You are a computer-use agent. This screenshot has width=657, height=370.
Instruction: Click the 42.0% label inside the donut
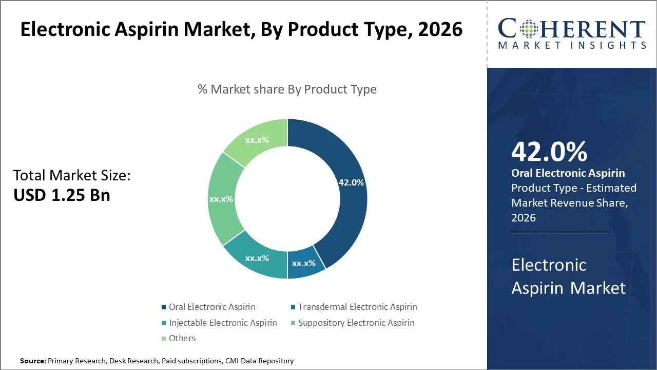tap(351, 182)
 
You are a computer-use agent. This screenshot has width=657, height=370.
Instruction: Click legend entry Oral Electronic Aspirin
tap(211, 307)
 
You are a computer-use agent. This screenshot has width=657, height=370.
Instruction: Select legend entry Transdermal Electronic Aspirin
tap(357, 307)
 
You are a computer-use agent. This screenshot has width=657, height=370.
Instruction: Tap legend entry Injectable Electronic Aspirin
tap(222, 323)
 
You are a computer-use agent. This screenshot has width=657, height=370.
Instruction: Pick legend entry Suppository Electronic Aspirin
tap(356, 323)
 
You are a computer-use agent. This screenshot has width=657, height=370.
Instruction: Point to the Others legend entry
tap(182, 338)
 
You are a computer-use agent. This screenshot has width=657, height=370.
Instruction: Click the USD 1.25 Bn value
tap(62, 195)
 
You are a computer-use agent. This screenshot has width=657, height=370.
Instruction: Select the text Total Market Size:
tap(72, 176)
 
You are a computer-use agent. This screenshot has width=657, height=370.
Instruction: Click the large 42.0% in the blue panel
tap(549, 152)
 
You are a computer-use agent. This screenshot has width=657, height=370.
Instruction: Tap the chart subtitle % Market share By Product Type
tap(287, 89)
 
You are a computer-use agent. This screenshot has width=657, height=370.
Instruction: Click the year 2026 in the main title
tap(440, 29)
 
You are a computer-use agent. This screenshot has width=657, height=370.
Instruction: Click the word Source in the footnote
tap(32, 361)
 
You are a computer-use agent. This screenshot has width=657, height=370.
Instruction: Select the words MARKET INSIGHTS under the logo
tap(572, 46)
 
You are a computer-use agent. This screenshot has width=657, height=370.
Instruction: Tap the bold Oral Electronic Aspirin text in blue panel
tap(568, 173)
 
